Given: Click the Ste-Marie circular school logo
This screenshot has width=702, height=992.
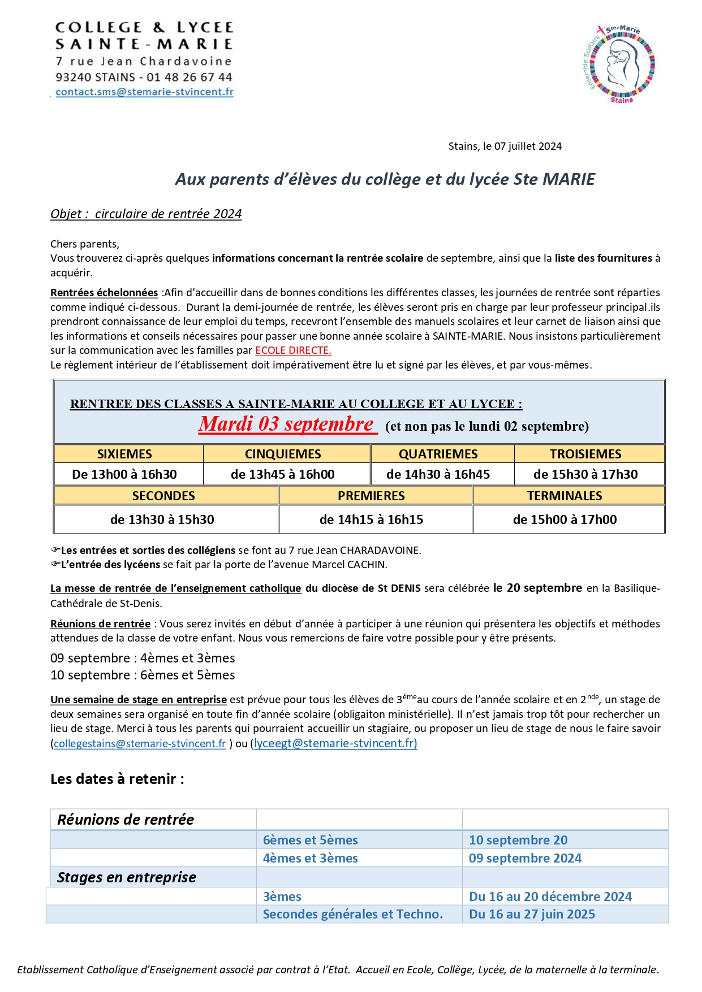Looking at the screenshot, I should click(x=619, y=64).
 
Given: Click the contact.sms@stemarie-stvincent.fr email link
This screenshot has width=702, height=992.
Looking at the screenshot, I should click(x=144, y=92).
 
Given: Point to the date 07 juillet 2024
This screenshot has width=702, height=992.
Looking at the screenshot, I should click(x=528, y=146).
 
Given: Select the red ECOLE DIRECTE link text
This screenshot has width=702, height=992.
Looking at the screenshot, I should click(x=293, y=350).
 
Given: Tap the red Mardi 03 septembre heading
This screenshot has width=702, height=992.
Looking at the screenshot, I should click(x=287, y=424).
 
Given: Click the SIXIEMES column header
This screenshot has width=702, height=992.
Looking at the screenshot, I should click(x=124, y=454).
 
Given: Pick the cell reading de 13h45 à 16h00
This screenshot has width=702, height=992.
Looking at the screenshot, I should click(x=282, y=474).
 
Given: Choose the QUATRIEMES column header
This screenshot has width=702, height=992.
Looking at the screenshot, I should click(x=438, y=454).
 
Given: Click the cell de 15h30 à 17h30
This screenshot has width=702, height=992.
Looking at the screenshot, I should click(x=585, y=474).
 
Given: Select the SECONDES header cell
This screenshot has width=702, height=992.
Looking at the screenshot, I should click(x=163, y=496).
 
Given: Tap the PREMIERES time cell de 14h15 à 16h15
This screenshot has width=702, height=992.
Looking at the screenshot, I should click(x=371, y=519).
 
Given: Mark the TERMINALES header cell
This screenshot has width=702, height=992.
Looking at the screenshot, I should click(x=565, y=496).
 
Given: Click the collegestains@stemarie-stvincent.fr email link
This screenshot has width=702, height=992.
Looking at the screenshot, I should click(x=140, y=743).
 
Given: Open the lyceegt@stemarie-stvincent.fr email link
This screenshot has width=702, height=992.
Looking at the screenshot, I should click(x=335, y=743).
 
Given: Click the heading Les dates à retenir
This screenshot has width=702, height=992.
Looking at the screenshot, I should click(x=117, y=779).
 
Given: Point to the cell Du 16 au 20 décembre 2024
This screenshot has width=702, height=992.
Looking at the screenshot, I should click(x=550, y=896).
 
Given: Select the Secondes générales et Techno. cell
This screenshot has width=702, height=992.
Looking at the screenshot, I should click(x=352, y=914).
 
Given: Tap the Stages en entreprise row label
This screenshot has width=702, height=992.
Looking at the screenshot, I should click(x=126, y=877).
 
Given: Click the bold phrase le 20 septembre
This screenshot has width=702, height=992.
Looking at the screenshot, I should click(x=537, y=588).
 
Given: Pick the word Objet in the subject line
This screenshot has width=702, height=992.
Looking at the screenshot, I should click(x=66, y=214).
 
